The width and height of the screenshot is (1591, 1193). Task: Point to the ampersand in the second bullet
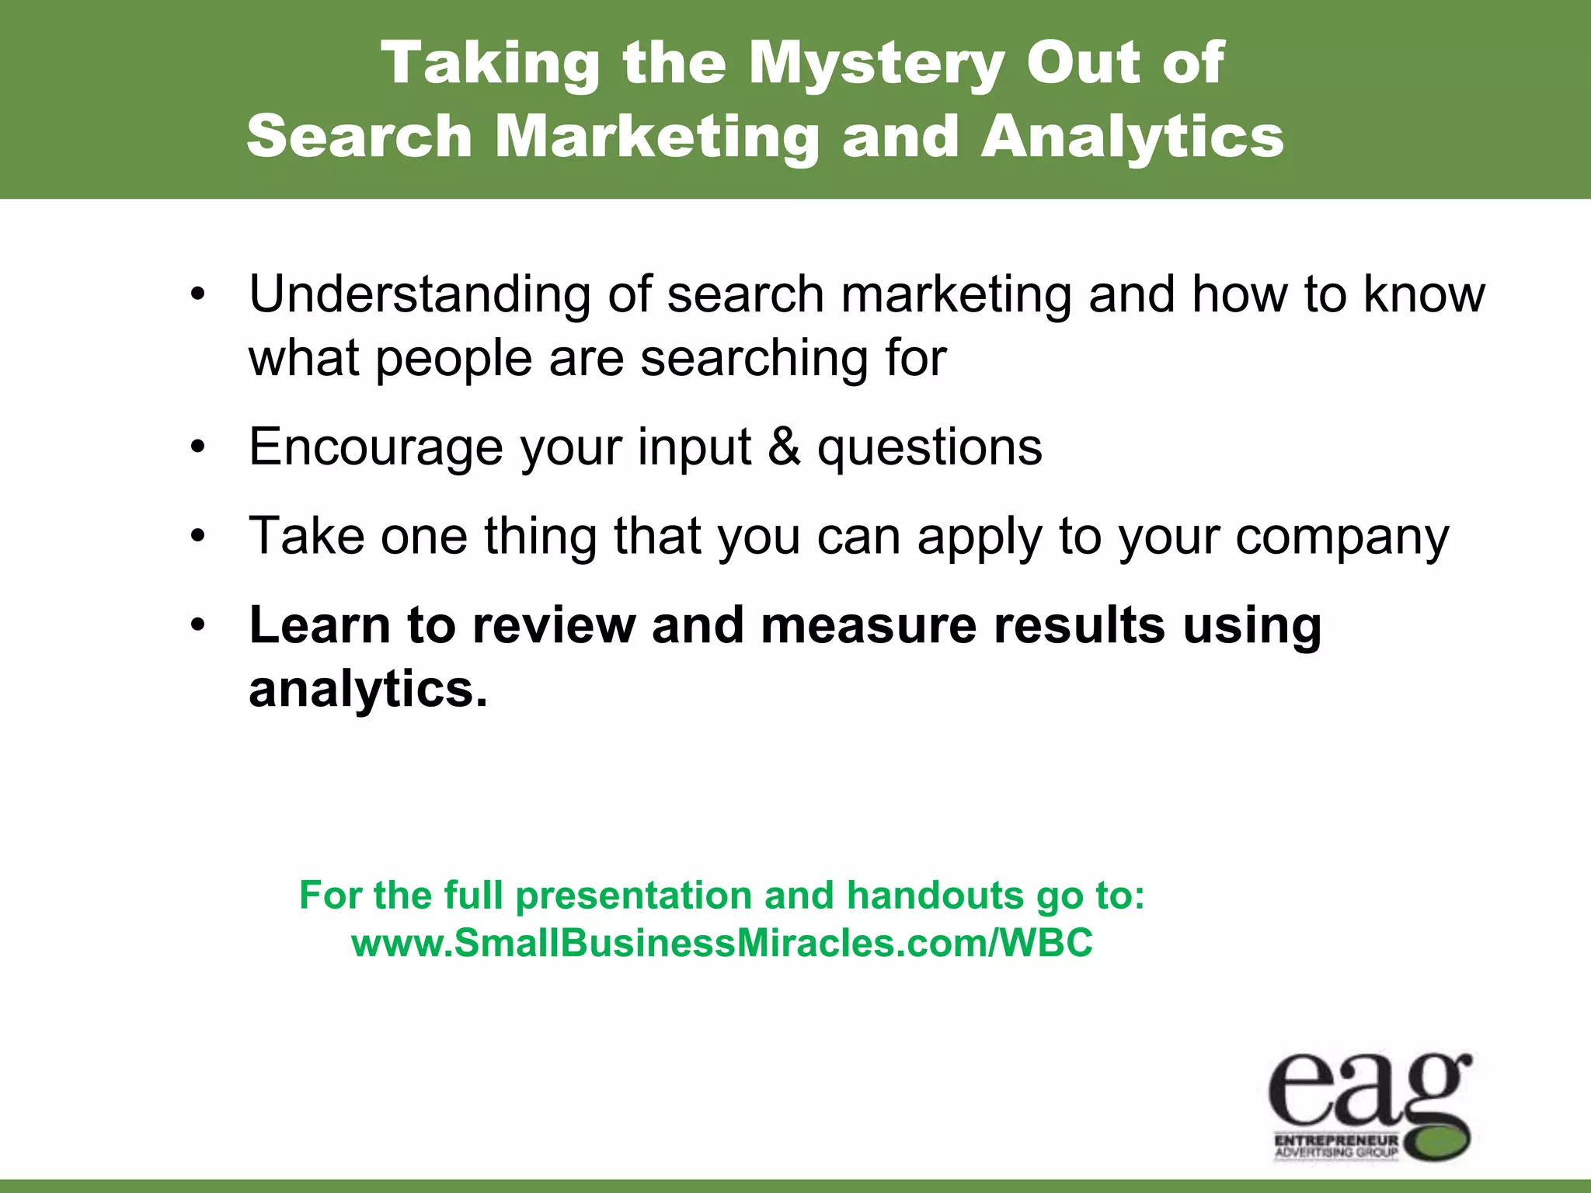point(784,447)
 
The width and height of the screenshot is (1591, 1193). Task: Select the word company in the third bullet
point(1342,537)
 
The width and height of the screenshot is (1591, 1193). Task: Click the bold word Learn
point(319,625)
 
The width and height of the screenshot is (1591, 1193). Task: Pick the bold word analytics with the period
point(367,689)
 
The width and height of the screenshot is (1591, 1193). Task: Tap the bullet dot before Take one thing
point(199,537)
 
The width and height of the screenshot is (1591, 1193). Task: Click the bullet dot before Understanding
point(199,295)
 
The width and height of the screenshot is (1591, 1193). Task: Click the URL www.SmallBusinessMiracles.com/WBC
point(722,944)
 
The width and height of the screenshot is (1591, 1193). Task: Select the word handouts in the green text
point(935,896)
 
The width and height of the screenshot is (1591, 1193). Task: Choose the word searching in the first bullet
point(754,359)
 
